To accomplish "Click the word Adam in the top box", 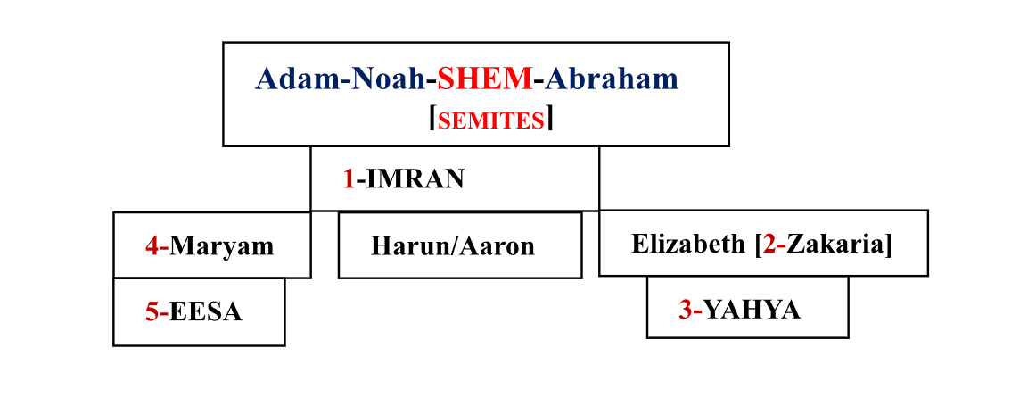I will [x=292, y=79].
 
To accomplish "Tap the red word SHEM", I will [x=484, y=79].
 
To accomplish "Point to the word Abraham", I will [x=612, y=79].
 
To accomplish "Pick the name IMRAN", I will [x=415, y=179].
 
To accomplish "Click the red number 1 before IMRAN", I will [x=349, y=179].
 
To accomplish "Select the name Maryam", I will [x=222, y=245].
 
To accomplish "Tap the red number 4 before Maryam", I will [x=152, y=245].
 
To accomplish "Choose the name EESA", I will [x=206, y=311].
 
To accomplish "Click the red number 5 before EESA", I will [x=152, y=311].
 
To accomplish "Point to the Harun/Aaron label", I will [x=453, y=245].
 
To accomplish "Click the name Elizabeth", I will [x=688, y=244].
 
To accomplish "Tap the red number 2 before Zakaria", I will [x=769, y=244].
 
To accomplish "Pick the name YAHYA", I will [x=752, y=310].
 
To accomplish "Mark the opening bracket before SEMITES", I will [x=432, y=119].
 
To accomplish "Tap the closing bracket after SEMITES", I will [x=550, y=119].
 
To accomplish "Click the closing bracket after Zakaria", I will [x=888, y=244].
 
